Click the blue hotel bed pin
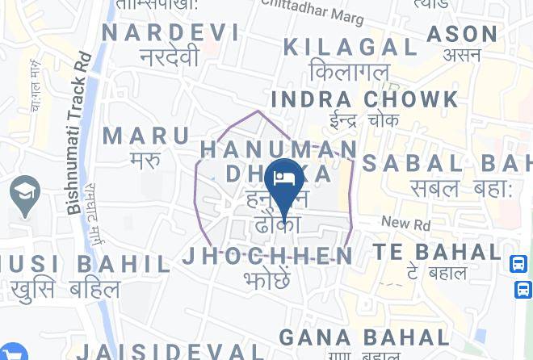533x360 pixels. tap(284, 178)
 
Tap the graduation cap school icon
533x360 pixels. tap(25, 194)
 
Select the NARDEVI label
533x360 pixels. tap(171, 32)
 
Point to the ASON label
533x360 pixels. tap(462, 34)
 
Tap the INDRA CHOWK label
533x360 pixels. tap(364, 99)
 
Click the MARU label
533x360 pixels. tap(147, 135)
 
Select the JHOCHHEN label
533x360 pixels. tap(268, 257)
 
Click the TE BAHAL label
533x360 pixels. tap(437, 252)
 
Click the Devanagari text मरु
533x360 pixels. tap(146, 159)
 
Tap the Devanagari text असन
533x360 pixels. tap(462, 56)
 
